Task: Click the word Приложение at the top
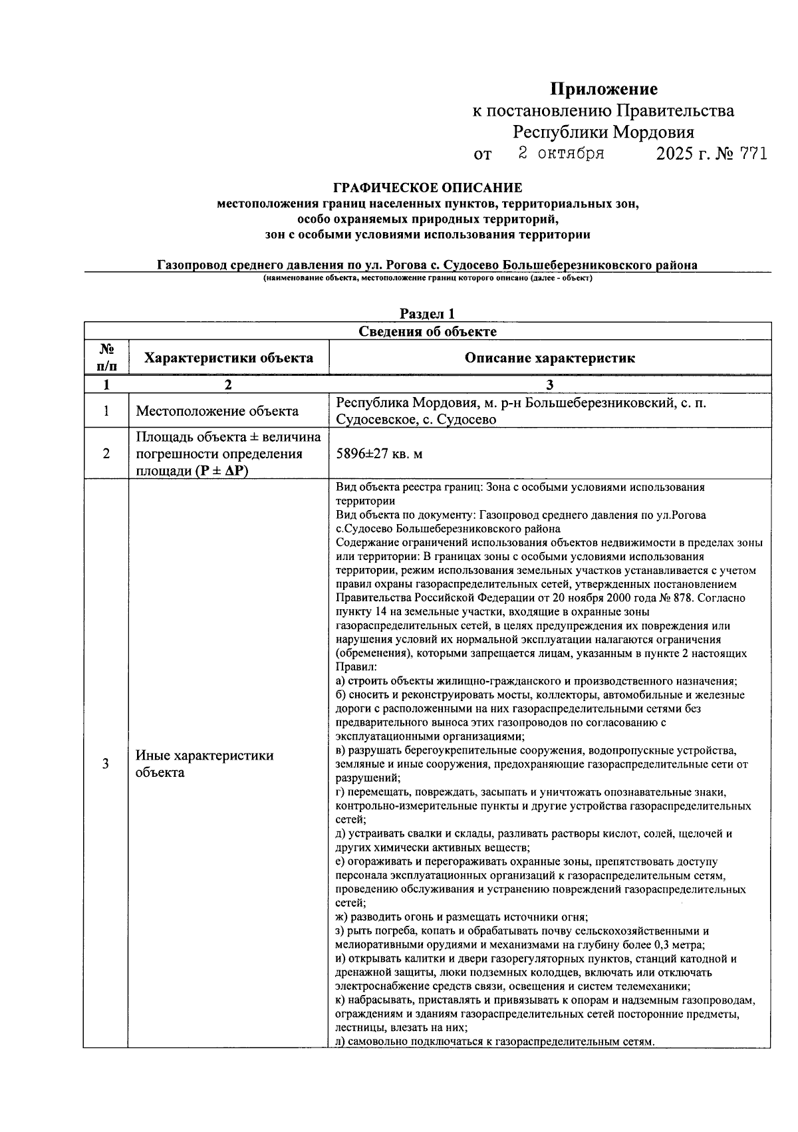pos(603,89)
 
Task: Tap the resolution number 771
pos(752,154)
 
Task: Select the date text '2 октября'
pos(561,154)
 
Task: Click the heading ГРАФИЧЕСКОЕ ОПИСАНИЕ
pos(428,188)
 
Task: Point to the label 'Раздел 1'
pos(428,314)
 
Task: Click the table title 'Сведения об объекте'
pos(428,331)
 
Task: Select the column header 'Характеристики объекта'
pos(229,358)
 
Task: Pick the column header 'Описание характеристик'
pos(549,358)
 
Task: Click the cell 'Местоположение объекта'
pos(217,411)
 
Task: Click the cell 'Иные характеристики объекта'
pos(205,764)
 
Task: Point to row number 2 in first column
pos(106,454)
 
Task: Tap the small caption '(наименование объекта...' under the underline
pos(428,278)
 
